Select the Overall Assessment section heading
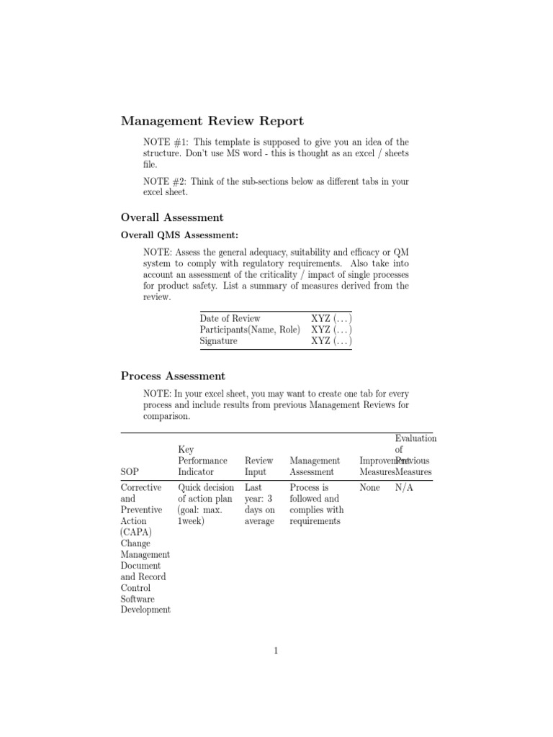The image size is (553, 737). pyautogui.click(x=172, y=217)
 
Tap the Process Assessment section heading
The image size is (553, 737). pyautogui.click(x=173, y=376)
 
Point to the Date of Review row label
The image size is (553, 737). pyautogui.click(x=230, y=318)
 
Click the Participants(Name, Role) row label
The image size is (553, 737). pyautogui.click(x=250, y=330)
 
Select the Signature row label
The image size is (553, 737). pyautogui.click(x=218, y=341)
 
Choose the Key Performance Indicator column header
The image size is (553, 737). pyautogui.click(x=202, y=461)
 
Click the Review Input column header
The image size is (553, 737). pyautogui.click(x=258, y=466)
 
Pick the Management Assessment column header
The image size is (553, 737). pyautogui.click(x=315, y=466)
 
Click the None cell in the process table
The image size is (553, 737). pyautogui.click(x=369, y=487)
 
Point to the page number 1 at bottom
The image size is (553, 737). pyautogui.click(x=276, y=651)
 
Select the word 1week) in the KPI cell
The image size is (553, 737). pyautogui.click(x=192, y=520)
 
